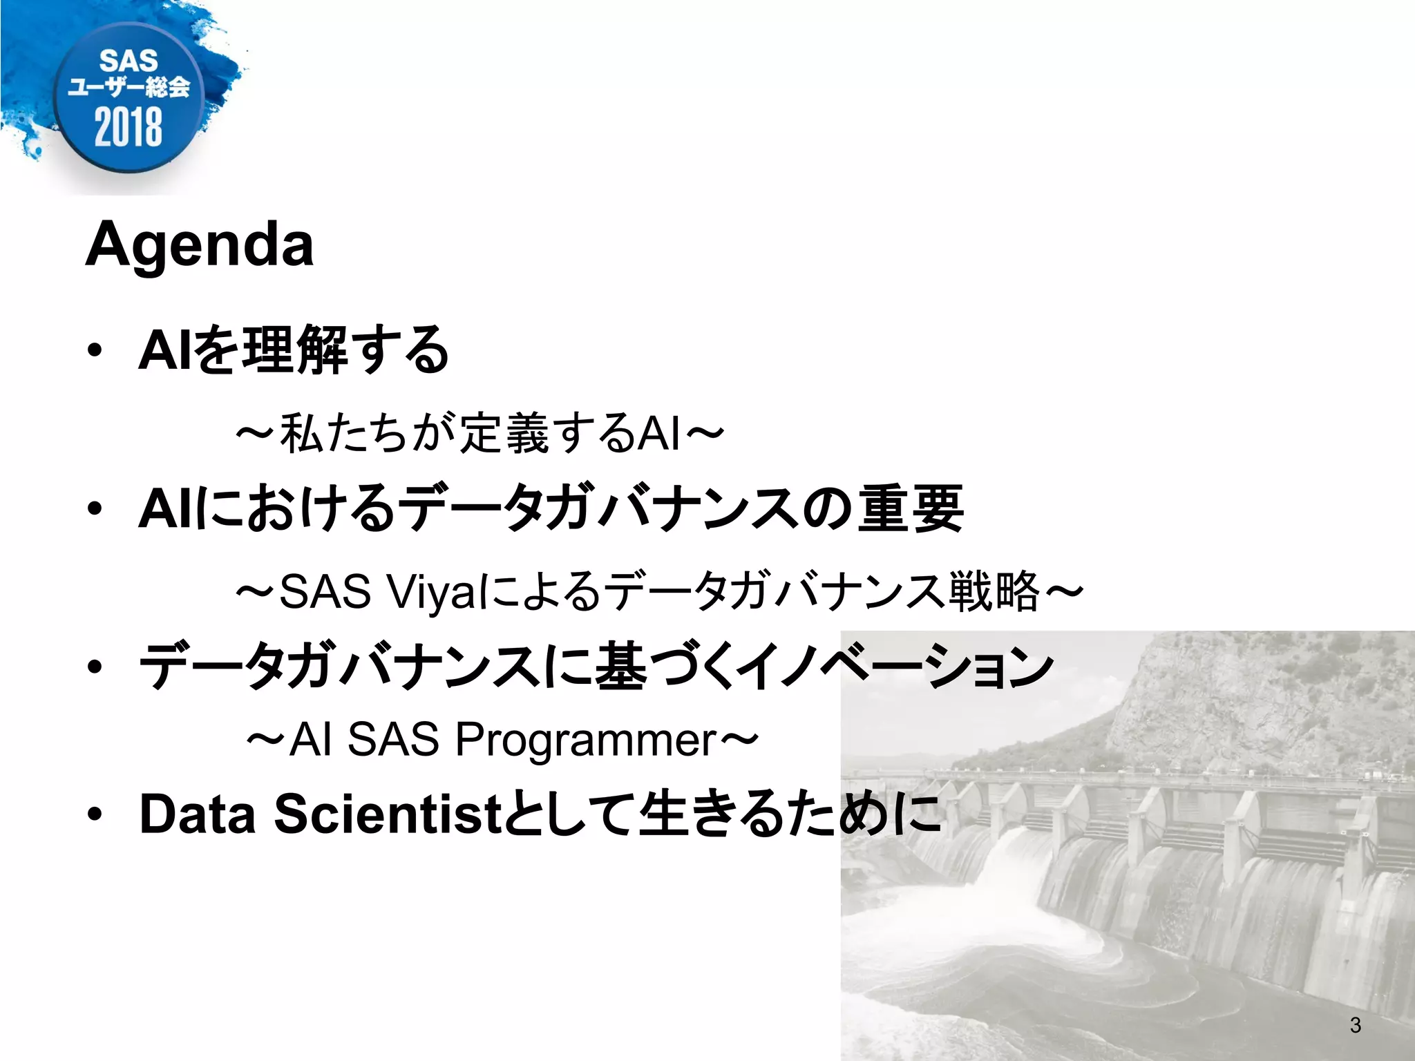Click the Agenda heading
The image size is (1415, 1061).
[200, 245]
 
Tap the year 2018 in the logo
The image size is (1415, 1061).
[129, 127]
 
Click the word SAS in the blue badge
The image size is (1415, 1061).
[129, 61]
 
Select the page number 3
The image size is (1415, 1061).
[1355, 1025]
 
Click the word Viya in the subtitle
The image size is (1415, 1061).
[428, 591]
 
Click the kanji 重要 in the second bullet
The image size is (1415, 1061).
[910, 508]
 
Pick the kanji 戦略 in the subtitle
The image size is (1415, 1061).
[994, 591]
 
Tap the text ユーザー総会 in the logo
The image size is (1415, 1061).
[129, 88]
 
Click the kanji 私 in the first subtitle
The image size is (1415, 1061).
[301, 433]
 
